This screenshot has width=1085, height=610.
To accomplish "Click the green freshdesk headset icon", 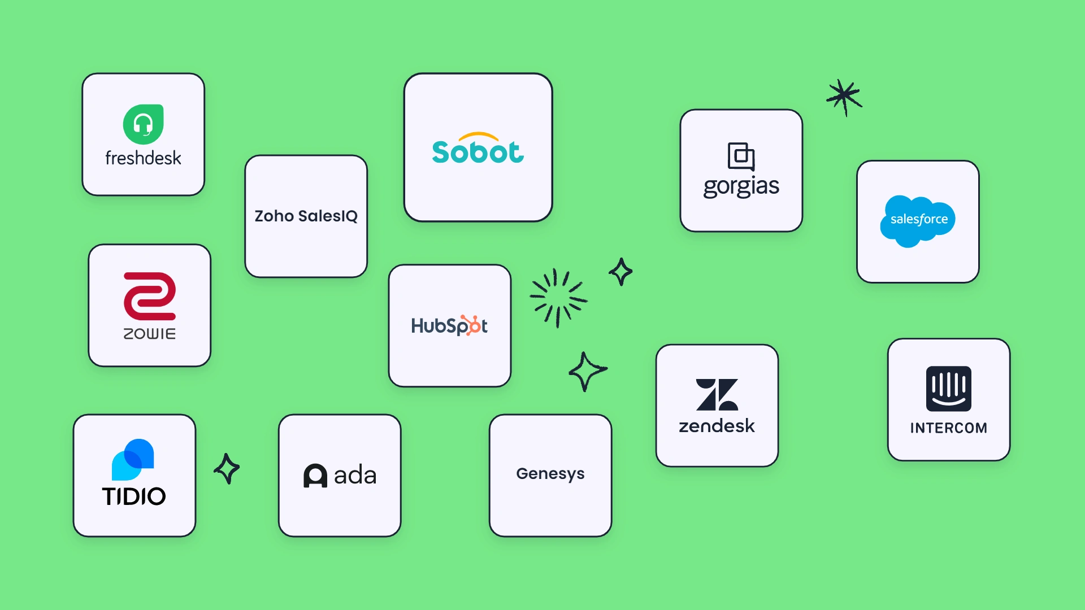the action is [x=144, y=124].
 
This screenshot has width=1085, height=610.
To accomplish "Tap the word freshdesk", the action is [x=143, y=158].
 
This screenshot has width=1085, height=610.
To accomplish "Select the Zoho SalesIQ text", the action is [x=306, y=216].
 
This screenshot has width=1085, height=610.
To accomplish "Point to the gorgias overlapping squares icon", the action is [x=741, y=156].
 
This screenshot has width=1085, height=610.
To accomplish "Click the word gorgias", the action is [x=741, y=187].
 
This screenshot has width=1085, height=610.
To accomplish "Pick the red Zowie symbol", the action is [x=150, y=296].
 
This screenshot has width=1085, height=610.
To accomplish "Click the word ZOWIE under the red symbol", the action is [x=150, y=334].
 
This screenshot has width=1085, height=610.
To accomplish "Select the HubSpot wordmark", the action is [x=450, y=325].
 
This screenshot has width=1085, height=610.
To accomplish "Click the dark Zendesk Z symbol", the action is [x=717, y=394].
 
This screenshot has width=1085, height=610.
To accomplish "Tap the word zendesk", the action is [x=717, y=426].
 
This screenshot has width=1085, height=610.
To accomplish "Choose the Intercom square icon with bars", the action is [x=949, y=389].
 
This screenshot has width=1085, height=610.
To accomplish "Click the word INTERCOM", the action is [x=949, y=428].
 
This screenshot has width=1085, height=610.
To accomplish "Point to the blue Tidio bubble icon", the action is [x=133, y=459].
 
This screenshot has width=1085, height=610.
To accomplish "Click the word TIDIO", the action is [x=134, y=496].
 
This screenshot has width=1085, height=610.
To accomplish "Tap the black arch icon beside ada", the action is [x=315, y=476].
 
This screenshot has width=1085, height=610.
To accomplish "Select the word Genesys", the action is [x=550, y=474].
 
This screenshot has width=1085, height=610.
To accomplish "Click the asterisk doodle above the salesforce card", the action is [x=844, y=97].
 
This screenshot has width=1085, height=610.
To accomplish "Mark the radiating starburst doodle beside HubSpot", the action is [x=558, y=298].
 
